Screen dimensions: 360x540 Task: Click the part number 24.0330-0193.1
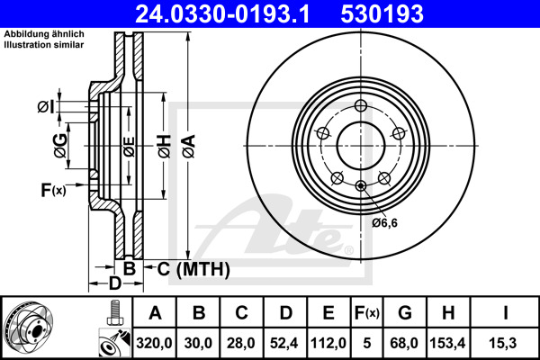(x=208, y=14)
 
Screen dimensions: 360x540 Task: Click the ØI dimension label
(x=46, y=108)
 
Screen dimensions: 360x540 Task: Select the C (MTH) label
(x=193, y=269)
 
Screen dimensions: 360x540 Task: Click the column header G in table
(x=404, y=313)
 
